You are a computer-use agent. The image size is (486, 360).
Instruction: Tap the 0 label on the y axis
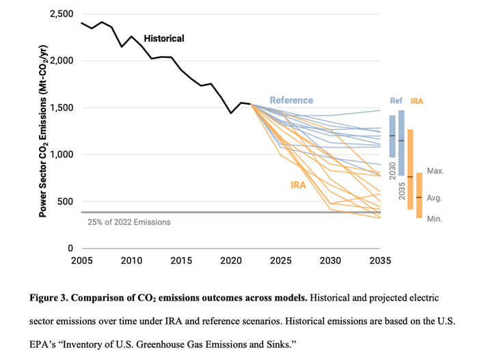click(71, 249)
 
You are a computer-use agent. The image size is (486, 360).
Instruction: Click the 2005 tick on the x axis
click(81, 261)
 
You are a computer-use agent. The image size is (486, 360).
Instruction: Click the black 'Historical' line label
click(164, 39)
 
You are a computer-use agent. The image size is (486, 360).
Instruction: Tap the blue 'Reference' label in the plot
click(291, 100)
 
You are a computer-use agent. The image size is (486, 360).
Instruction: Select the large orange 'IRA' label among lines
click(297, 184)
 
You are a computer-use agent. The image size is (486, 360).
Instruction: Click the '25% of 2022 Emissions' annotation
click(129, 222)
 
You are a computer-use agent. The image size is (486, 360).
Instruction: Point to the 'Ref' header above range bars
click(396, 101)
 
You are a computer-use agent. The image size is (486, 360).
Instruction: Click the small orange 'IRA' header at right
click(417, 101)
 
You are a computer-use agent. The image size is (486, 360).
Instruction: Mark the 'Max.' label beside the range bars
click(435, 170)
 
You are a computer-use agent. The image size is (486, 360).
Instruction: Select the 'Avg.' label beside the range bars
click(435, 198)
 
